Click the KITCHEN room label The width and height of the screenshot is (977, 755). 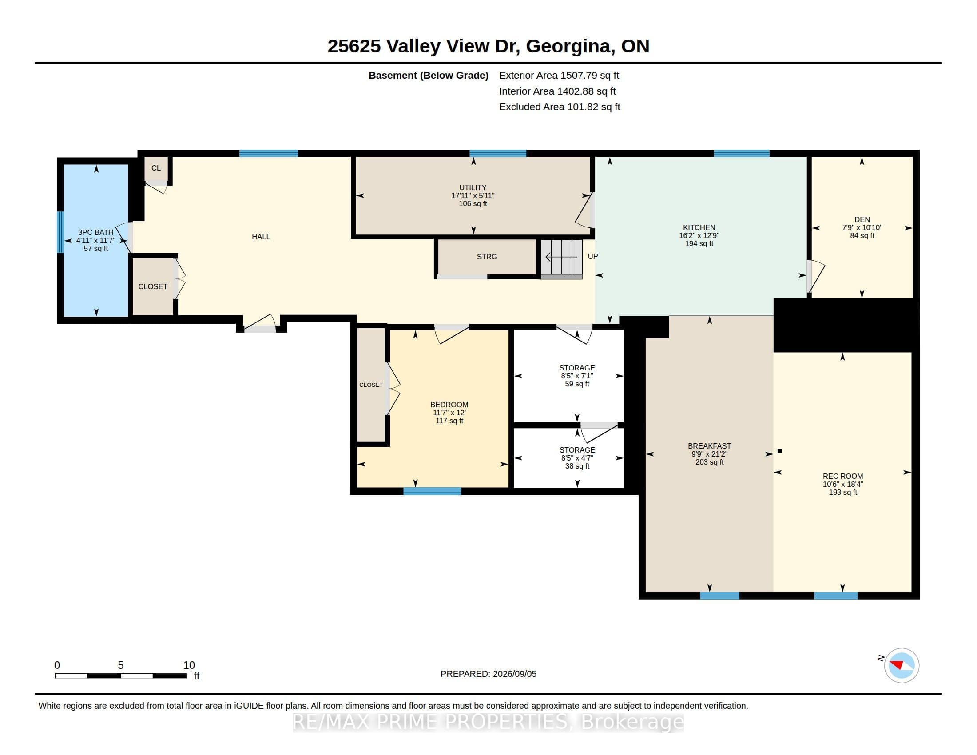[x=699, y=227]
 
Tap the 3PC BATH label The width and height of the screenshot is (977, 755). [x=96, y=232]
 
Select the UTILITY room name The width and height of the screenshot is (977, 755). [x=473, y=187]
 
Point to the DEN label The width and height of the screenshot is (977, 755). [x=862, y=219]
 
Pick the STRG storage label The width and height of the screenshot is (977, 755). [x=487, y=257]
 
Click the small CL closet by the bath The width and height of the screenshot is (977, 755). [x=156, y=168]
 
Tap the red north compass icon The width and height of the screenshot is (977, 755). [x=902, y=665]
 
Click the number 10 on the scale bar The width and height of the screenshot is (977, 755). [x=189, y=665]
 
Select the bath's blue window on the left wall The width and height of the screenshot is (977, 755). [x=60, y=232]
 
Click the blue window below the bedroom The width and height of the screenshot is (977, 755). [x=432, y=491]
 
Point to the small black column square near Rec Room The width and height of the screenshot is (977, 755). [x=779, y=451]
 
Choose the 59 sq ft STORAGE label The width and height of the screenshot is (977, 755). [x=576, y=368]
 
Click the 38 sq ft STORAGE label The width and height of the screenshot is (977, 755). [x=577, y=450]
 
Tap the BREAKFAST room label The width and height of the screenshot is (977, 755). [x=709, y=446]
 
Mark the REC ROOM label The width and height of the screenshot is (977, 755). [x=842, y=477]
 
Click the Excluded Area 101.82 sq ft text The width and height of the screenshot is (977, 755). [x=559, y=107]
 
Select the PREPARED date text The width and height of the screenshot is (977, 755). [x=488, y=674]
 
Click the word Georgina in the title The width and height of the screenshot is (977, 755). [x=568, y=47]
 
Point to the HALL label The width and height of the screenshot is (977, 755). [x=261, y=237]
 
